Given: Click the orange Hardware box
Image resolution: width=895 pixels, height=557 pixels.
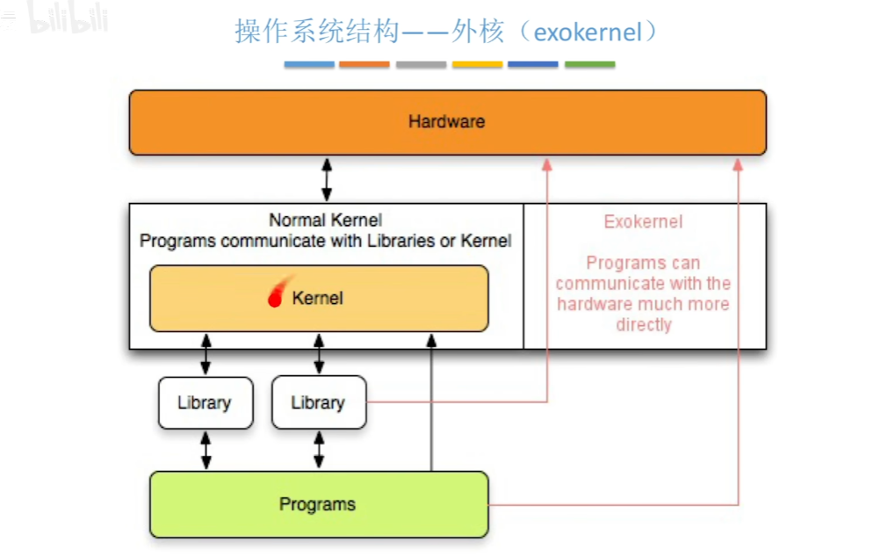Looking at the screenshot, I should click(447, 122).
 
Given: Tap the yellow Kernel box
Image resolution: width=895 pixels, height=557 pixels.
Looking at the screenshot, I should click(318, 299).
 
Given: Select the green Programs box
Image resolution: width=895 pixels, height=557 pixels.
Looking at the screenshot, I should click(318, 504).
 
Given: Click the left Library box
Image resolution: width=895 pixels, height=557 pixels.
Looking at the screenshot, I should click(205, 403).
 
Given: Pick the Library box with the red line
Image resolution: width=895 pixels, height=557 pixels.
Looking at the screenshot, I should click(318, 403).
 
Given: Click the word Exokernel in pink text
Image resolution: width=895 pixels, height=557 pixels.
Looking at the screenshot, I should click(643, 222).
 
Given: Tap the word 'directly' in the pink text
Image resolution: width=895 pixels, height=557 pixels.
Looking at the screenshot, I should click(643, 325).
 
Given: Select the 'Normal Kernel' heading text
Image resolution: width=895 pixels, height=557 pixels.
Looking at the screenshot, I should click(325, 221).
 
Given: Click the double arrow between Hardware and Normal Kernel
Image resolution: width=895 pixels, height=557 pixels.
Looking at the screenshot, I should click(327, 179).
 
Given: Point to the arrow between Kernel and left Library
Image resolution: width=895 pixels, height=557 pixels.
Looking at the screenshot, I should click(206, 353).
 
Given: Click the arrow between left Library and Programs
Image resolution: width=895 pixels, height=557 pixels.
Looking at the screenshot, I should click(206, 450).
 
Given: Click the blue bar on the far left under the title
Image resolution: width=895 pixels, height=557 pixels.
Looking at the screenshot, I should click(309, 64).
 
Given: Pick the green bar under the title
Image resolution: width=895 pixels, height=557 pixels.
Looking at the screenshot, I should click(589, 64).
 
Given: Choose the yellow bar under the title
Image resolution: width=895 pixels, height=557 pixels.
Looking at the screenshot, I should click(477, 64).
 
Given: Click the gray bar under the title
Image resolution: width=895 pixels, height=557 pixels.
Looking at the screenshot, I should click(421, 64).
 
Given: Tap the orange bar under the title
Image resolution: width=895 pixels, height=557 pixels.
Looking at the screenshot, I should click(364, 64).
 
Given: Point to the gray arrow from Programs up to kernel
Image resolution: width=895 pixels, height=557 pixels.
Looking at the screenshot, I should click(431, 404).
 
